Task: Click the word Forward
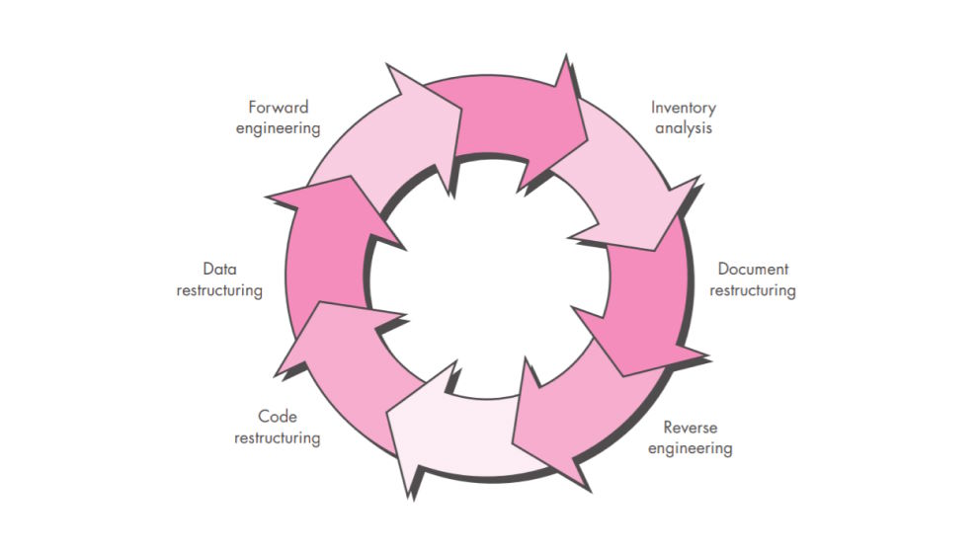[x=279, y=108]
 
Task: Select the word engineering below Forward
[x=279, y=128]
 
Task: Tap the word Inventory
[x=684, y=108]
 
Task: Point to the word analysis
[x=684, y=128]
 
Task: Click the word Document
[x=753, y=270]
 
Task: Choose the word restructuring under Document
[x=753, y=291]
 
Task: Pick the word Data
[x=219, y=269]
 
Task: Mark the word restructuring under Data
[x=219, y=291]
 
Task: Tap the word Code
[x=277, y=417]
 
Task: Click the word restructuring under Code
[x=277, y=438]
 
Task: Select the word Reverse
[x=691, y=428]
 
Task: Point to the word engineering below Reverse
[x=697, y=449]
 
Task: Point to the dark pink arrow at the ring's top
[x=514, y=118]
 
